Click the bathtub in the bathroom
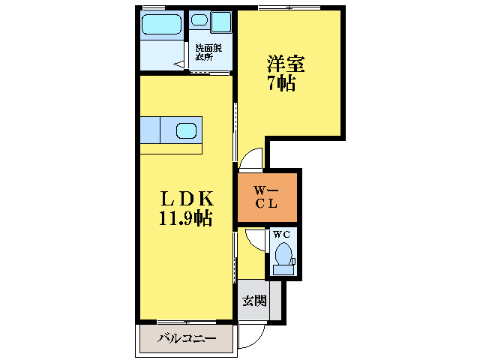(162, 23)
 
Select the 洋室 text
(281, 62)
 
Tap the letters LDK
(184, 199)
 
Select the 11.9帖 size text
(184, 219)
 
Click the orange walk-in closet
(268, 196)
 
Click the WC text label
(281, 234)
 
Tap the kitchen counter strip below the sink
(170, 148)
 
